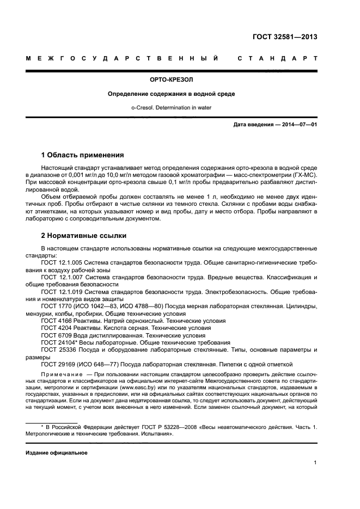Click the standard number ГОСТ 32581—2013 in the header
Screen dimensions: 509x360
(285, 38)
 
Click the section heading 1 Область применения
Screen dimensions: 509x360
(83, 155)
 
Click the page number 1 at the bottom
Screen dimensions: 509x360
(315, 463)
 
